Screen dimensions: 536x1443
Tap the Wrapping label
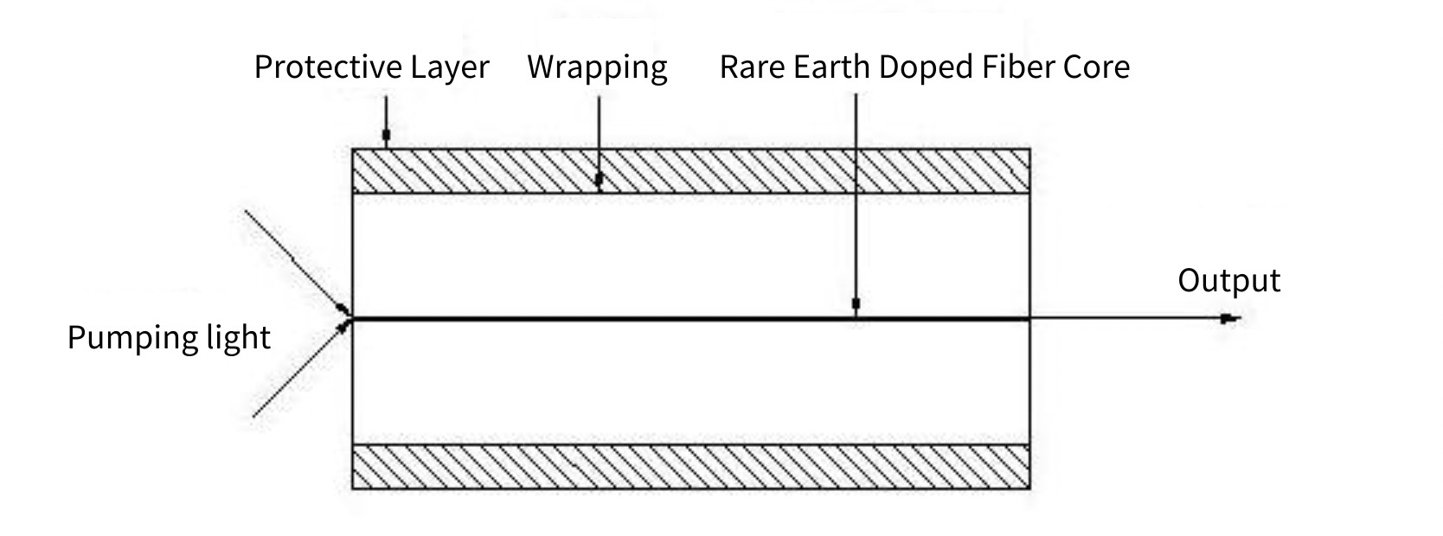click(x=597, y=67)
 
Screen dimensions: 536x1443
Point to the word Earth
click(x=831, y=67)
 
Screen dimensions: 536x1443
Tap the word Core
click(x=1096, y=67)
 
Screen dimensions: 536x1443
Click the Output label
click(x=1228, y=281)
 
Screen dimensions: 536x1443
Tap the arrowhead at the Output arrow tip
click(x=1230, y=319)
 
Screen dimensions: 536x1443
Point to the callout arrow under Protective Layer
click(x=386, y=121)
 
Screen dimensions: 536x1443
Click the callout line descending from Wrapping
click(x=599, y=138)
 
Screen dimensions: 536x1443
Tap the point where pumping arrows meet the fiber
click(x=350, y=317)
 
